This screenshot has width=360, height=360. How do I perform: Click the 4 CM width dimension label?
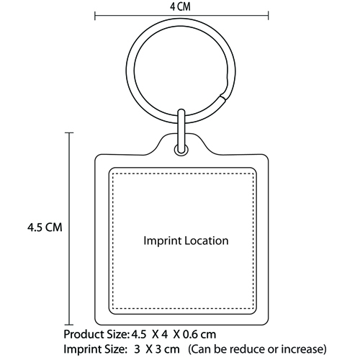tap(180, 6)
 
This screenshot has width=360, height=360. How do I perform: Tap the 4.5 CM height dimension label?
tap(45, 227)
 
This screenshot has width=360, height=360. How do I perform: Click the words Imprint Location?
tap(186, 240)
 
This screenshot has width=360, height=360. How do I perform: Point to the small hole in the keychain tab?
tap(181, 150)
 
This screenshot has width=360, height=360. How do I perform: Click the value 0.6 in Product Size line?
tap(190, 334)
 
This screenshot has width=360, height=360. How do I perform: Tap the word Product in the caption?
tap(81, 334)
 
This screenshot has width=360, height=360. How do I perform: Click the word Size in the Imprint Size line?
tap(112, 349)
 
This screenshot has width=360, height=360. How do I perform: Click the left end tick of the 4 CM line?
tap(95, 16)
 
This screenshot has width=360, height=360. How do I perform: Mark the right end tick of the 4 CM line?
tap(268, 16)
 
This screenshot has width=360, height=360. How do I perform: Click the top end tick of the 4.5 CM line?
tap(69, 132)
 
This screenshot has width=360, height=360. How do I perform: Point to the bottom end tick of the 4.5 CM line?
tap(69, 325)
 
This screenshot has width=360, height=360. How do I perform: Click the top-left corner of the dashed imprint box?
tap(112, 172)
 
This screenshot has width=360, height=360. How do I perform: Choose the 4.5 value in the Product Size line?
tap(139, 334)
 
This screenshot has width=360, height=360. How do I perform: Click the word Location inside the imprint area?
tap(207, 240)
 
